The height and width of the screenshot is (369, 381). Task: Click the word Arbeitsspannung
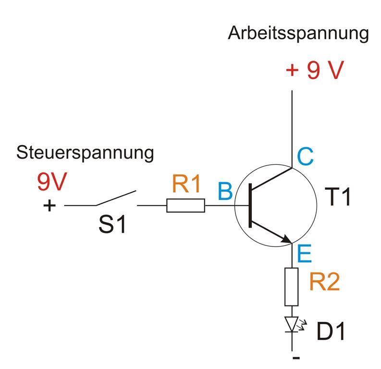click(x=298, y=34)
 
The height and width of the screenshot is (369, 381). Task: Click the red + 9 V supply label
click(x=315, y=71)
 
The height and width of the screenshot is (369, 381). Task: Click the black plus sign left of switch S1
click(x=49, y=206)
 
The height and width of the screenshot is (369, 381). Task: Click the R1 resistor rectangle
click(x=186, y=206)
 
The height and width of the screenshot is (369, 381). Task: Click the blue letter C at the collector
click(x=305, y=156)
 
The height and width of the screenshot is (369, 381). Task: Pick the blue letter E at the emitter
click(x=305, y=253)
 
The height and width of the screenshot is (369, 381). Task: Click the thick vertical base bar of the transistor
click(x=250, y=206)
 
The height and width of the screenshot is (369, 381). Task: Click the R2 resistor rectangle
click(x=292, y=286)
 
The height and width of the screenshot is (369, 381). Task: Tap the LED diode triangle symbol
click(x=292, y=324)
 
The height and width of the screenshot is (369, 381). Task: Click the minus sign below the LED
click(x=296, y=358)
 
